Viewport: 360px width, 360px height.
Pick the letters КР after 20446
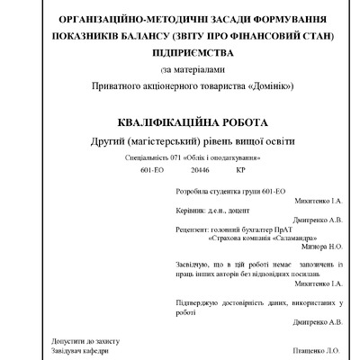tap(240, 168)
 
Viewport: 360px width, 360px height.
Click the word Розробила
tap(193, 193)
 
